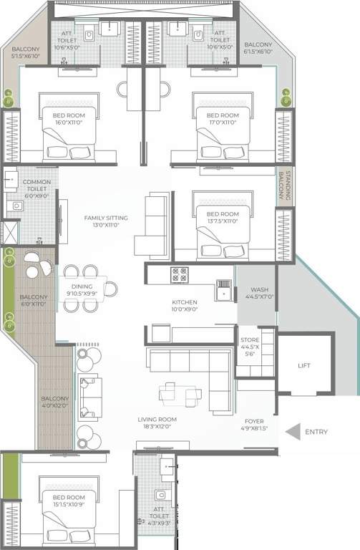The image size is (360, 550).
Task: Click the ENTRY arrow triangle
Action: pos(292,432)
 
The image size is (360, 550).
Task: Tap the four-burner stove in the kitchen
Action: pos(180,274)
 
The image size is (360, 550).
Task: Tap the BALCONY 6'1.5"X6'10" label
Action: pos(258,47)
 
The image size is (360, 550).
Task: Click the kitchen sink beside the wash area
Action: pos(225,292)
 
